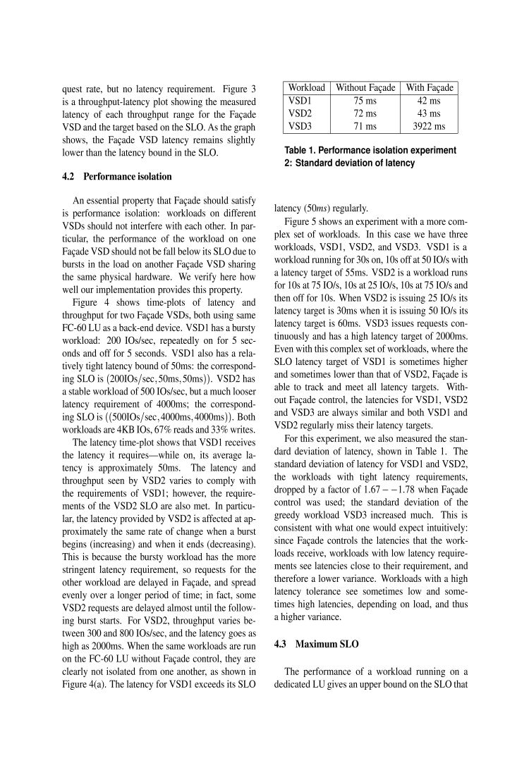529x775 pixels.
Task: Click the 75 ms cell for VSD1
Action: tap(365, 101)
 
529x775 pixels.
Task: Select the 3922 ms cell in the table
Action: tap(430, 126)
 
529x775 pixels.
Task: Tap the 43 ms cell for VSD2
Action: tap(430, 113)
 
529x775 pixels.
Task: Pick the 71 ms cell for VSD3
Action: tap(365, 126)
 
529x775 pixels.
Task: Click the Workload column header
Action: tap(307, 88)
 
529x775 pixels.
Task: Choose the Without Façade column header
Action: tap(365, 88)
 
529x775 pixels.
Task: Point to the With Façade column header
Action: tap(430, 88)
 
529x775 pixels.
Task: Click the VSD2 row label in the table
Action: tap(300, 113)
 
